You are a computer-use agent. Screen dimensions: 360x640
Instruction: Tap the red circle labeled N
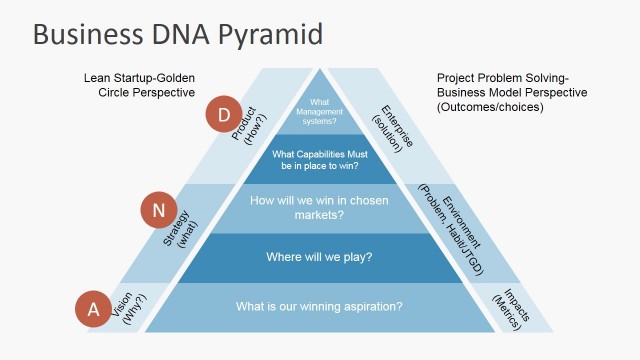(159, 211)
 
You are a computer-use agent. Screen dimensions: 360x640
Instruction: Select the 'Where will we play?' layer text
(319, 257)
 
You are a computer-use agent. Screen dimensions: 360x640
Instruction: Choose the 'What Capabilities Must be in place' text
(319, 160)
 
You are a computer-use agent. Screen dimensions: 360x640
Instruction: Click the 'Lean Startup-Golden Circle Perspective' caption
(140, 84)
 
